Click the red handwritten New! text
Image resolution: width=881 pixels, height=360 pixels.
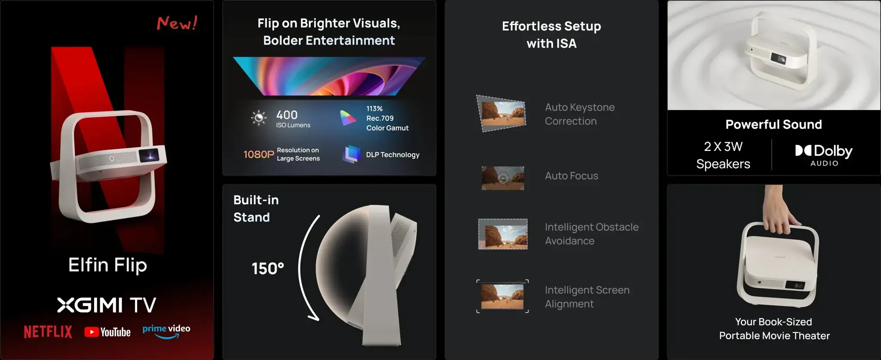point(177,23)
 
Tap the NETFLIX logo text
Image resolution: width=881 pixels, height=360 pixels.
point(48,332)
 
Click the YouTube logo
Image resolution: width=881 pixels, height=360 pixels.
point(108,332)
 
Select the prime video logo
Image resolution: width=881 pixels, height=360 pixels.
point(166,331)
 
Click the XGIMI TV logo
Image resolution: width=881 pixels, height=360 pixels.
point(107,305)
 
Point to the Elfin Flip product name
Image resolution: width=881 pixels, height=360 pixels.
point(108,265)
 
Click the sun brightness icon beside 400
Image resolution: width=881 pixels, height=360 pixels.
point(259,118)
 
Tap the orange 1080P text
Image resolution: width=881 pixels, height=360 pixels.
point(259,154)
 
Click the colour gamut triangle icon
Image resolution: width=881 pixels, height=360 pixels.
point(348,118)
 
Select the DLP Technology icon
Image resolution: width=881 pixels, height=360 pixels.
point(351,154)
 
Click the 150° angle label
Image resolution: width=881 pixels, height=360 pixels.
point(268,269)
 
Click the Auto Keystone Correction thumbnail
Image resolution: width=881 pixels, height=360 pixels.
point(502,114)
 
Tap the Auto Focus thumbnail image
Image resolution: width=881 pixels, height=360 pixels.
point(502,178)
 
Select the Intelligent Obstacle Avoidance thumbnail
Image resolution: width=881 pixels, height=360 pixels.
point(502,234)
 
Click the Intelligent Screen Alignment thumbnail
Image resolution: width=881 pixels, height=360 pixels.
point(502,296)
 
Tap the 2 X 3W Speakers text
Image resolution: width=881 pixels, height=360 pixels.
point(723,155)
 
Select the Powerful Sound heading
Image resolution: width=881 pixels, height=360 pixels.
point(773,124)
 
